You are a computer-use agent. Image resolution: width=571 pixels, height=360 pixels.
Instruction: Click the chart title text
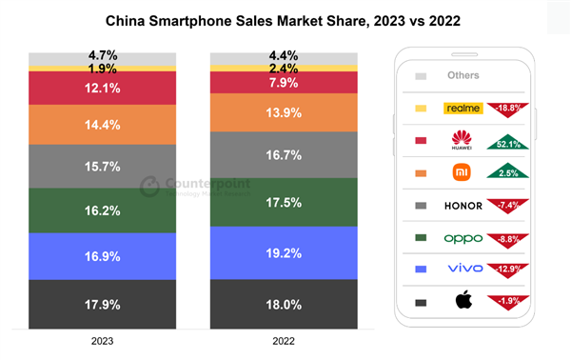click(x=285, y=18)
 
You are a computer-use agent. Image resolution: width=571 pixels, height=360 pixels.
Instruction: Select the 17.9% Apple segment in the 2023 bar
click(x=102, y=305)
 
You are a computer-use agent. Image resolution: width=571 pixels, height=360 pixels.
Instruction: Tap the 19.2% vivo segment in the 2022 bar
click(x=284, y=253)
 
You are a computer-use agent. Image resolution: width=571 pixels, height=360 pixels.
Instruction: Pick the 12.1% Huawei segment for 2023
click(x=102, y=88)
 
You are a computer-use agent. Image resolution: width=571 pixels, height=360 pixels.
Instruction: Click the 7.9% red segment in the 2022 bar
click(x=284, y=82)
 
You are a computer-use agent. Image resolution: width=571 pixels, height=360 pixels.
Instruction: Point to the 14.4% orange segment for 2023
click(x=102, y=124)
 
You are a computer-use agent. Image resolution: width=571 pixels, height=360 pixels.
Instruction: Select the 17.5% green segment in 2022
click(x=284, y=202)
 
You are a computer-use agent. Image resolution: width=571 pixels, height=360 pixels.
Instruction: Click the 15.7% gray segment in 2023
click(x=102, y=166)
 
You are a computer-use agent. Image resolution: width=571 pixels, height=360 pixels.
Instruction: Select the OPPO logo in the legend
click(x=463, y=238)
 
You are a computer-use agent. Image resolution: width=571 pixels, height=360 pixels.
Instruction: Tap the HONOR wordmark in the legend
click(x=463, y=206)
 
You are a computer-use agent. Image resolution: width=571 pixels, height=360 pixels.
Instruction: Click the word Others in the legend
click(x=463, y=75)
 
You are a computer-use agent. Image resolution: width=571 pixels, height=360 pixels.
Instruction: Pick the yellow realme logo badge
click(x=463, y=109)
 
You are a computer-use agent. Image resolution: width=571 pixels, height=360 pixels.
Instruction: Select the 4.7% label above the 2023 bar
click(x=102, y=57)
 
